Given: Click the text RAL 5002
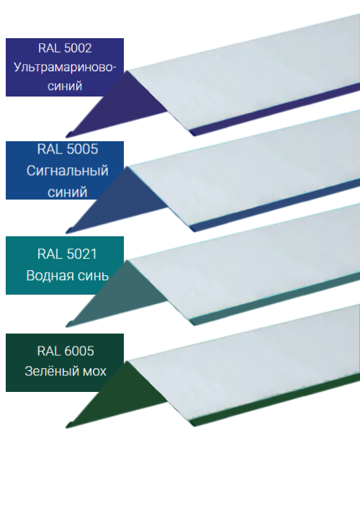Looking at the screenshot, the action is pyautogui.click(x=65, y=48).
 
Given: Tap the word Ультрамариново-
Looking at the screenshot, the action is pyautogui.click(x=65, y=68).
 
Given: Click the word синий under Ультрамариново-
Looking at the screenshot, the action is pyautogui.click(x=65, y=86).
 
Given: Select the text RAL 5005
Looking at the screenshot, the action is pyautogui.click(x=68, y=149).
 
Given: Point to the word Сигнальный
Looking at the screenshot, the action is pyautogui.click(x=68, y=171).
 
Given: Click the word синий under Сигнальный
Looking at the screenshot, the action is pyautogui.click(x=68, y=192).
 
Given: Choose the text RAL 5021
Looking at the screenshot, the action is pyautogui.click(x=67, y=254).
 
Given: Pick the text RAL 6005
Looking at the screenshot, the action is pyautogui.click(x=66, y=351).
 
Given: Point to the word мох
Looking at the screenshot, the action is pyautogui.click(x=94, y=372).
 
